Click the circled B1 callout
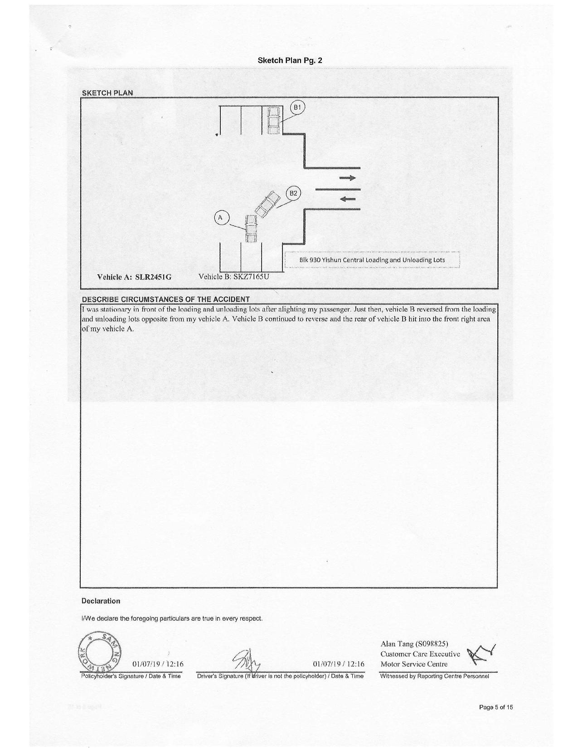(297, 107)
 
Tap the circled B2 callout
(293, 193)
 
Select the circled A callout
(221, 218)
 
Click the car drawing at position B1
(273, 120)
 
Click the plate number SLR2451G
(153, 277)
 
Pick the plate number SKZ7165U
(251, 276)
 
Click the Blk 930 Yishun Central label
(372, 260)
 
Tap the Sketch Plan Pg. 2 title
(290, 60)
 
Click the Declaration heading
(101, 601)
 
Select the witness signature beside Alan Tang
(481, 655)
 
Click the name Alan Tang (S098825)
(414, 644)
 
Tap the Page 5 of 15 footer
(496, 707)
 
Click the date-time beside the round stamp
(158, 664)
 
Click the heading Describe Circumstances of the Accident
(165, 299)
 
